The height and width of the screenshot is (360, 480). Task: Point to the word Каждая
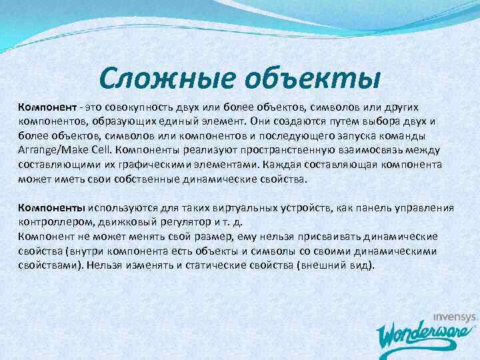click(x=283, y=165)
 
